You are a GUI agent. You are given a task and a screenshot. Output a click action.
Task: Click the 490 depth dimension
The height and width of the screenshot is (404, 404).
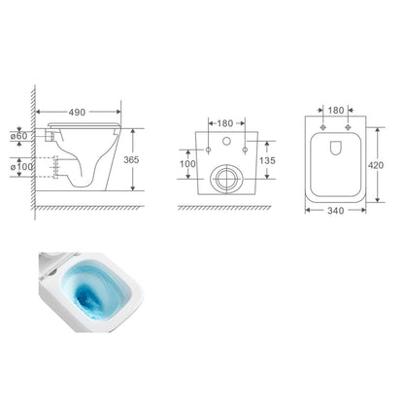point(77,113)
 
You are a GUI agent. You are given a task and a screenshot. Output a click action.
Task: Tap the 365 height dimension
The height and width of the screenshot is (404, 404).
point(131,159)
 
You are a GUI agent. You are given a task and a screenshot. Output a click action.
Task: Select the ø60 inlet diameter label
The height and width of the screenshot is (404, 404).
point(19,136)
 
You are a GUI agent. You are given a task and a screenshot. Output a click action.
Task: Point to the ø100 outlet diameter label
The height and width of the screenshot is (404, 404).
point(21,167)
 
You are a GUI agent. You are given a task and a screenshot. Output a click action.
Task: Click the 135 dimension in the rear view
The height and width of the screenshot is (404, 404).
point(267,160)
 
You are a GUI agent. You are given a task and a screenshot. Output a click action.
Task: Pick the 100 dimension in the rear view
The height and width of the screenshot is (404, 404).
point(187,164)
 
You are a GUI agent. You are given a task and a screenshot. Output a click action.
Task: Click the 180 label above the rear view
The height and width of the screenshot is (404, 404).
point(225,123)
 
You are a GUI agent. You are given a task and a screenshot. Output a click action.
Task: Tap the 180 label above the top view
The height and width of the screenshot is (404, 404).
point(336,111)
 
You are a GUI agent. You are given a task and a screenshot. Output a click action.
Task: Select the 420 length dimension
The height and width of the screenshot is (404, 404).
point(376,165)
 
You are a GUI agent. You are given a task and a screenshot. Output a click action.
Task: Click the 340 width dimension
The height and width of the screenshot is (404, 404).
point(335,211)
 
